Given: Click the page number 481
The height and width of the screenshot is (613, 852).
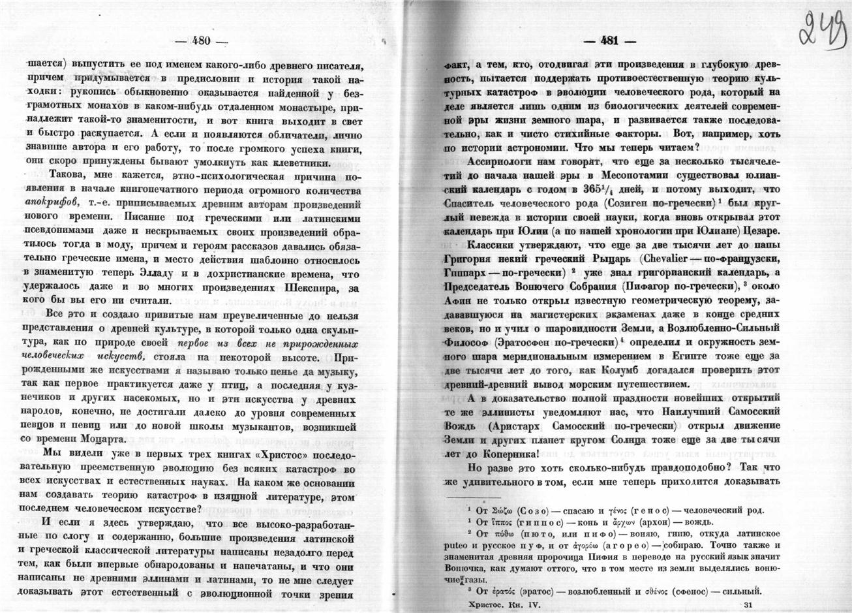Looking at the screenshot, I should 610,40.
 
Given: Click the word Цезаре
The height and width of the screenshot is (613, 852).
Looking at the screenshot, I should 759,231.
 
